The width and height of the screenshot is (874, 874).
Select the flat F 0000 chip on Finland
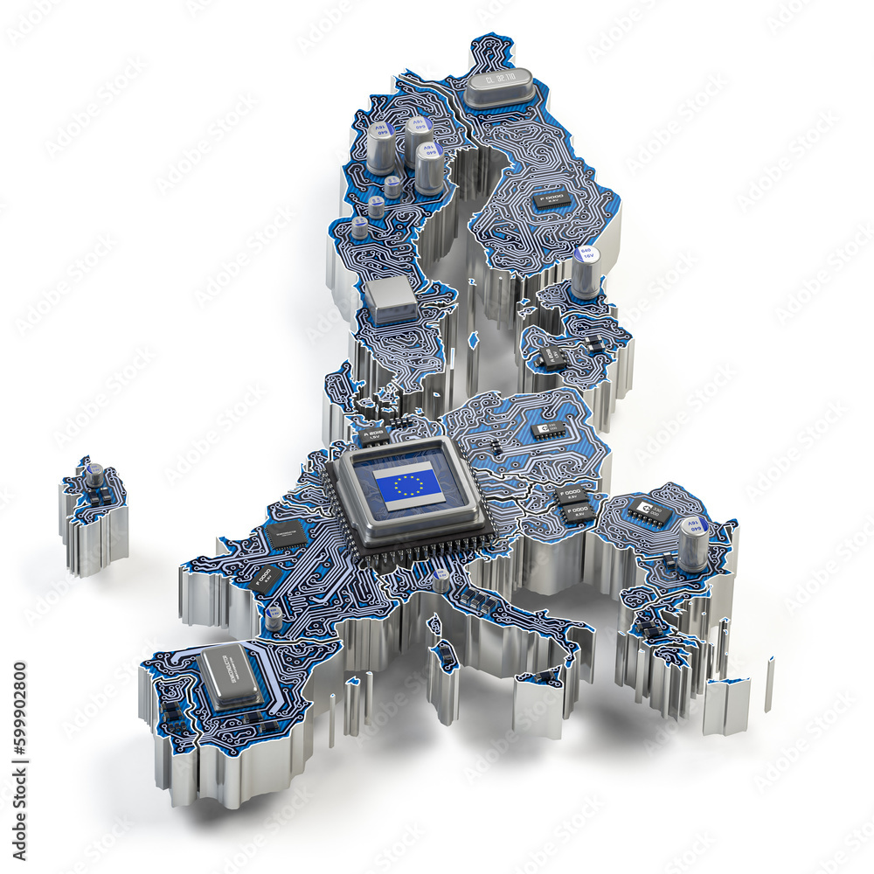[x=551, y=200]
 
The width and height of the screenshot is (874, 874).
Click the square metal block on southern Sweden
[x=391, y=300]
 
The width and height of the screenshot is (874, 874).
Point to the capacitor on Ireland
[x=94, y=475]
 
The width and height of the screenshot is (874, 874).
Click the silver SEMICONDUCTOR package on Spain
[x=230, y=675]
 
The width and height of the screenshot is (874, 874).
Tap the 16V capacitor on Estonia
[x=586, y=272]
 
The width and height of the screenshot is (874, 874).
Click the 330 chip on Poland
[x=548, y=430]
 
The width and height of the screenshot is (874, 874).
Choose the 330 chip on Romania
[x=649, y=512]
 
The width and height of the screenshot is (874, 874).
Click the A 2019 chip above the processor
[x=374, y=434]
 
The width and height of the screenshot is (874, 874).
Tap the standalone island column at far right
[x=769, y=684]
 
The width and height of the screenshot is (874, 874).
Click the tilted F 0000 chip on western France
[x=267, y=579]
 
